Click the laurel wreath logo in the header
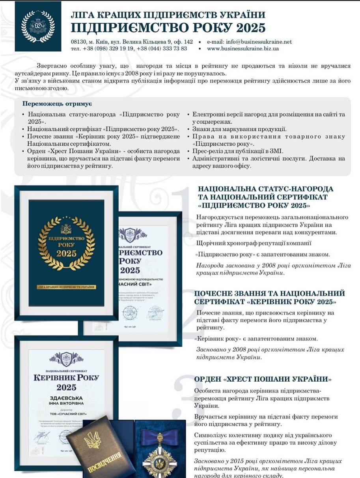pyautogui.click(x=38, y=26)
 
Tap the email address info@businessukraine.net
pyautogui.click(x=257, y=41)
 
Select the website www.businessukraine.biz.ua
pyautogui.click(x=242, y=49)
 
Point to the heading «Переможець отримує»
pyautogui.click(x=57, y=104)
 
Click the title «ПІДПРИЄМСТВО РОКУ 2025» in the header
pyautogui.click(x=168, y=28)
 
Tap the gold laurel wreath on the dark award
pyautogui.click(x=66, y=243)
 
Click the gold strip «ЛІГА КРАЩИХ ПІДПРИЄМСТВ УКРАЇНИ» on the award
pyautogui.click(x=66, y=286)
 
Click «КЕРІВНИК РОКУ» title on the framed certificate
pyautogui.click(x=66, y=378)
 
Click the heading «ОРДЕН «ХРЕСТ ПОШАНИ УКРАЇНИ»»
pyautogui.click(x=263, y=379)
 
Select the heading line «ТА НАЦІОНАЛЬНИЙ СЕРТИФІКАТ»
pyautogui.click(x=263, y=197)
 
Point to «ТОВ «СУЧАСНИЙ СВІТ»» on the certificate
pyautogui.click(x=66, y=415)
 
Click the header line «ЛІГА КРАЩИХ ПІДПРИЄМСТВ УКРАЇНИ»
pyautogui.click(x=168, y=15)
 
